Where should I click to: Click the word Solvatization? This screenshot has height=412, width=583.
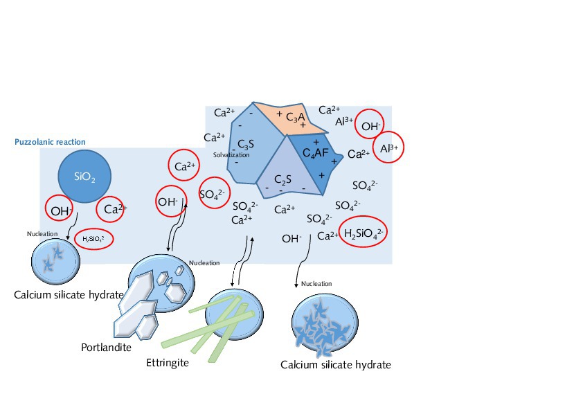[231, 155]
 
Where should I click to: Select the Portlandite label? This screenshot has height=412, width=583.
[106, 347]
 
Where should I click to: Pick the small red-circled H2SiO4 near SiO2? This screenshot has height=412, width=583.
[93, 239]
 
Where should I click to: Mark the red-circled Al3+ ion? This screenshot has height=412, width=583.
[389, 147]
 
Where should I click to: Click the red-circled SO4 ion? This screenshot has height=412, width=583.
[212, 194]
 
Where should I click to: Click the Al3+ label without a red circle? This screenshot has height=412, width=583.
[344, 122]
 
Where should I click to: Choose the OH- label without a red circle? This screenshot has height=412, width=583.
[291, 239]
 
